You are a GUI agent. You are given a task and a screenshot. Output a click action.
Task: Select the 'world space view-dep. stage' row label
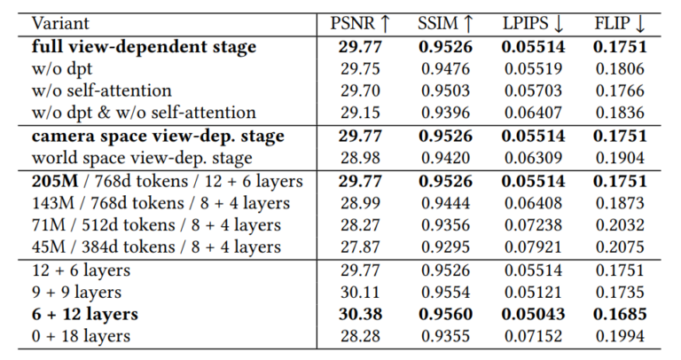(142, 158)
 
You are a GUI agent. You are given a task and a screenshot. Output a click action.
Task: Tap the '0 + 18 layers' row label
(81, 336)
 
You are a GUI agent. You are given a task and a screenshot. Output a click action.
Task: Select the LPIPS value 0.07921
(530, 247)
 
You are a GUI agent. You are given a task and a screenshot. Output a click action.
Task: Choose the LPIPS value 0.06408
(530, 202)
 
